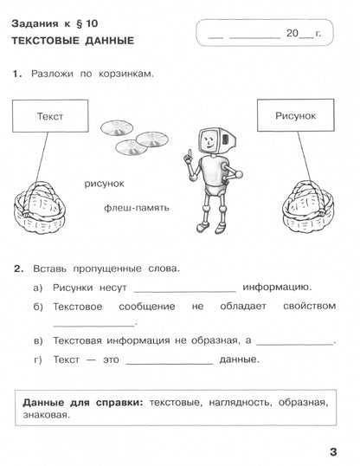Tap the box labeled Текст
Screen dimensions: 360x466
tap(51, 115)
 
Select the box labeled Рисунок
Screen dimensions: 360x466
tap(295, 115)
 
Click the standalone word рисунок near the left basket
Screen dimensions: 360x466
tap(105, 183)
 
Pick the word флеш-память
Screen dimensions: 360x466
tap(136, 208)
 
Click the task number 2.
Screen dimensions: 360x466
tap(18, 268)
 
